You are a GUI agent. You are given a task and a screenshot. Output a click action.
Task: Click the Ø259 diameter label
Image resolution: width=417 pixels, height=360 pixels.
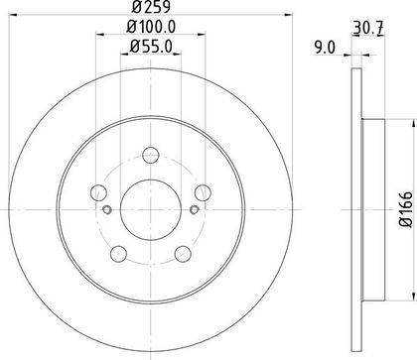click(151, 7)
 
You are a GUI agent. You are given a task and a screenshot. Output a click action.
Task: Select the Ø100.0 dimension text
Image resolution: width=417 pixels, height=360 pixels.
click(151, 27)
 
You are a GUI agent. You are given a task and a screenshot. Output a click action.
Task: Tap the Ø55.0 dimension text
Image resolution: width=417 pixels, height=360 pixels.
click(151, 47)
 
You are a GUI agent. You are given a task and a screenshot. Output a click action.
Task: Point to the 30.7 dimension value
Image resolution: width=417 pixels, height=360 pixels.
click(368, 29)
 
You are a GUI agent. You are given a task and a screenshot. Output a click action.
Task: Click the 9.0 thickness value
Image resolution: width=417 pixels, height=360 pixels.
click(325, 48)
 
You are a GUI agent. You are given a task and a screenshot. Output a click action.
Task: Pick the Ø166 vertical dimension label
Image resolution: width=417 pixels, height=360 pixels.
click(406, 209)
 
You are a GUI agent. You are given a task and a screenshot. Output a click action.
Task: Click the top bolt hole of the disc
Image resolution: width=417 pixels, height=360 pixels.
click(151, 155)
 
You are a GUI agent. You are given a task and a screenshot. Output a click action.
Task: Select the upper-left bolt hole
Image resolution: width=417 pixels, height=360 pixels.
click(98, 193)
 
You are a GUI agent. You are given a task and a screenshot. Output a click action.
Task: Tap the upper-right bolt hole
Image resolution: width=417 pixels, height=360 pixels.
click(203, 192)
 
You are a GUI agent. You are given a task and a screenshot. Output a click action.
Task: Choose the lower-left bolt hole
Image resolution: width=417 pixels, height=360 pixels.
click(118, 254)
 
